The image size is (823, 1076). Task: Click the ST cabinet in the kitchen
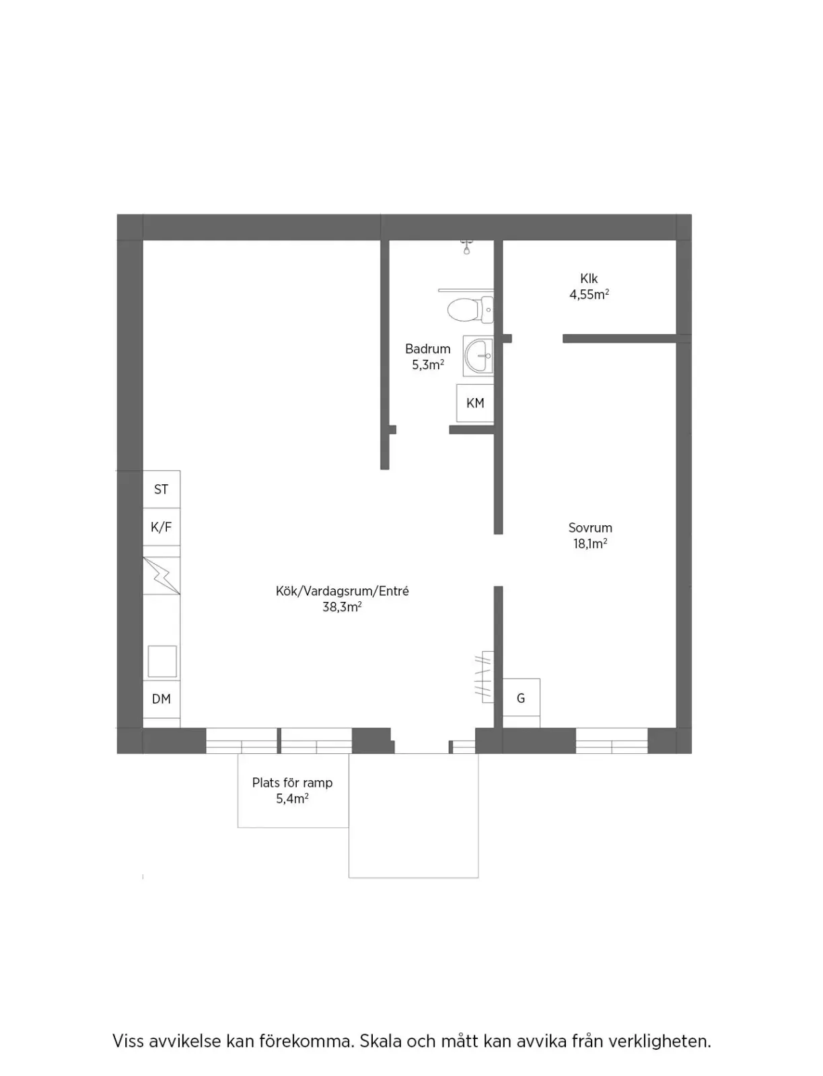tap(162, 489)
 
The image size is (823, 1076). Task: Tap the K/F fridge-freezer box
tap(162, 527)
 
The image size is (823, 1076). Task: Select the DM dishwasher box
tap(162, 699)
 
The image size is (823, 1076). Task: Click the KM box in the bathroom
tap(475, 403)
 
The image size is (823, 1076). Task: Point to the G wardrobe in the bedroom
tap(522, 697)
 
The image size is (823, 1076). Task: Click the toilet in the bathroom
tap(470, 310)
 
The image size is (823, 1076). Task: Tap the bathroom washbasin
tap(478, 356)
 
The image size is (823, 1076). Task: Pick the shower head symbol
tap(466, 247)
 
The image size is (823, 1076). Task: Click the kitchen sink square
tap(162, 661)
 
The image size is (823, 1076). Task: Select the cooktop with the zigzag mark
tap(162, 576)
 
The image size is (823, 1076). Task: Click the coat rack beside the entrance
tap(484, 677)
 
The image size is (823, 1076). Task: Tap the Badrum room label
tap(428, 349)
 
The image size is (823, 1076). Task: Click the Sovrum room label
tap(591, 528)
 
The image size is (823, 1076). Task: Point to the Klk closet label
tap(589, 279)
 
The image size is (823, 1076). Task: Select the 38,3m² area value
tap(342, 607)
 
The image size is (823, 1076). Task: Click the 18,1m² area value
tap(591, 543)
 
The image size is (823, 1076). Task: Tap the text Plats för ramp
tap(292, 783)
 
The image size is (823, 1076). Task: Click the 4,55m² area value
tap(589, 295)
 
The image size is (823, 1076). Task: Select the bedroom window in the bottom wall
tap(612, 740)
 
